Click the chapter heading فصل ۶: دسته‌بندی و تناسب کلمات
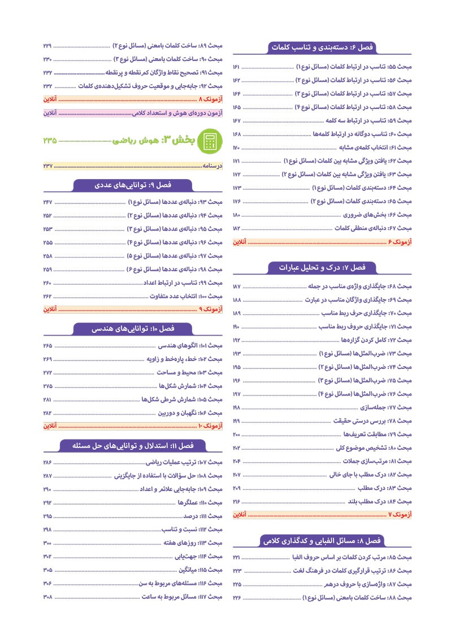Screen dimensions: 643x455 pyautogui.click(x=323, y=47)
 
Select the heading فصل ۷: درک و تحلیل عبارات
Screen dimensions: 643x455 pyautogui.click(x=322, y=267)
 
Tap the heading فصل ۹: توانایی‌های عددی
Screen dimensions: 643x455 pyautogui.click(x=133, y=185)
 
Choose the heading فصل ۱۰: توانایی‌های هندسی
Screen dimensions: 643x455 pyautogui.click(x=133, y=328)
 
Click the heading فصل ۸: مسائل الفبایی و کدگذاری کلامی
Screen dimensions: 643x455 pyautogui.click(x=322, y=541)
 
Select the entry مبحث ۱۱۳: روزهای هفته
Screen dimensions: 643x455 pyautogui.click(x=201, y=543)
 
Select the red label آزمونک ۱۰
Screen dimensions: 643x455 pyautogui.click(x=210, y=425)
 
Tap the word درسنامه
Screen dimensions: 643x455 pyautogui.click(x=213, y=166)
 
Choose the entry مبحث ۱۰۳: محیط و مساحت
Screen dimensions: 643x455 pyautogui.click(x=193, y=372)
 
